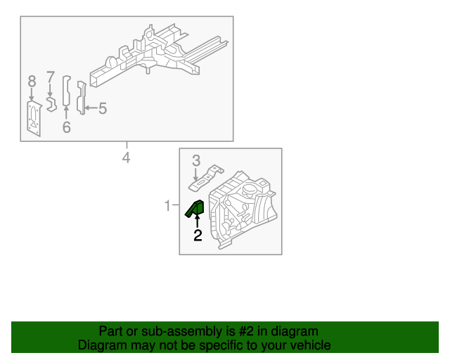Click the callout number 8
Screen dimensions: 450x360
coord(32,82)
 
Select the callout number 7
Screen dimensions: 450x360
coord(51,77)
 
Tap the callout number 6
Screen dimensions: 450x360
coord(67,127)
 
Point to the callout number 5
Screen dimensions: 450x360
coord(103,109)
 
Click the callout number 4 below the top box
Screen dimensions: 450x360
coord(127,158)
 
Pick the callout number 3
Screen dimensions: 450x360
coord(196,161)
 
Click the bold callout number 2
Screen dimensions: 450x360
coord(198,235)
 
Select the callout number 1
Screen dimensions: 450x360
coord(167,205)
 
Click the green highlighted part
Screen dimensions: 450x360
coord(195,208)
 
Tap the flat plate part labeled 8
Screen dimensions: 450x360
coord(34,118)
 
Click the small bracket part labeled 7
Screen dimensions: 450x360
coord(51,104)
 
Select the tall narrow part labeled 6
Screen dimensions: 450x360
coord(67,91)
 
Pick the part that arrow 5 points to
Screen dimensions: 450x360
coord(82,98)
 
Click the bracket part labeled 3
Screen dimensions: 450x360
coord(205,178)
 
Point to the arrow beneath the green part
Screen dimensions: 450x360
coord(197,221)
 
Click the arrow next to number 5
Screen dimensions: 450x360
coord(91,108)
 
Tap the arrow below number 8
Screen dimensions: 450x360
coord(32,94)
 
